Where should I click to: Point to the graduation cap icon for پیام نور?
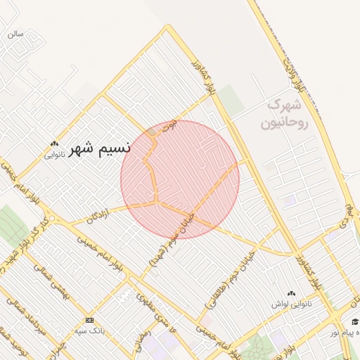tap(355, 321)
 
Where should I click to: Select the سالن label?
tap(15, 33)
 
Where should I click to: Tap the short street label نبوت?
tap(169, 128)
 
